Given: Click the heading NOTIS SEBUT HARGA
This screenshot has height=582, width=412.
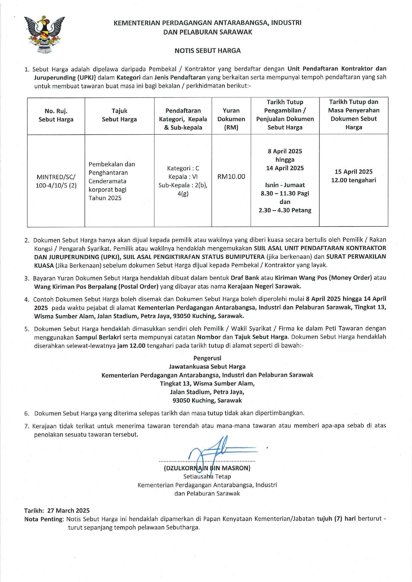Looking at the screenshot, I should click(207, 51).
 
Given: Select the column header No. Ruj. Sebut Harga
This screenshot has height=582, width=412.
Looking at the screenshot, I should click(56, 115).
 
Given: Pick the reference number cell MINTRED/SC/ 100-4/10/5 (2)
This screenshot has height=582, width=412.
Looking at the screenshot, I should click(56, 181).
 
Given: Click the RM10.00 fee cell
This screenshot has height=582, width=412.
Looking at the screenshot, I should click(231, 176).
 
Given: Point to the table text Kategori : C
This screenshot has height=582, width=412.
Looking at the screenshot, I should click(183, 168).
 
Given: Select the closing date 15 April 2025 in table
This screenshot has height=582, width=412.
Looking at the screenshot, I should click(354, 172).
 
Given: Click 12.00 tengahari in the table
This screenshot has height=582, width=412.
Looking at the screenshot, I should click(354, 180).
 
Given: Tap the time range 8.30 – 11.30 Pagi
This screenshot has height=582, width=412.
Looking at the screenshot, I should click(285, 193).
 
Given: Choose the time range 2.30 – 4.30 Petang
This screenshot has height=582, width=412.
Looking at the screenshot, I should click(285, 210).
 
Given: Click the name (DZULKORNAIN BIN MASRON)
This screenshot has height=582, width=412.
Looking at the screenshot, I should click(207, 468).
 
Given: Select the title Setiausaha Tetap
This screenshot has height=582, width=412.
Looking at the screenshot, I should click(207, 477).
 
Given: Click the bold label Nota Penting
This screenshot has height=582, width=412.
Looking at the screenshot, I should click(43, 519).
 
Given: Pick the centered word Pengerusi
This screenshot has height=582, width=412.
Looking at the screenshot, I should click(207, 358).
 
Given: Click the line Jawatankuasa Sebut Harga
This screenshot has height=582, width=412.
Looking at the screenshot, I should click(207, 366).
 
